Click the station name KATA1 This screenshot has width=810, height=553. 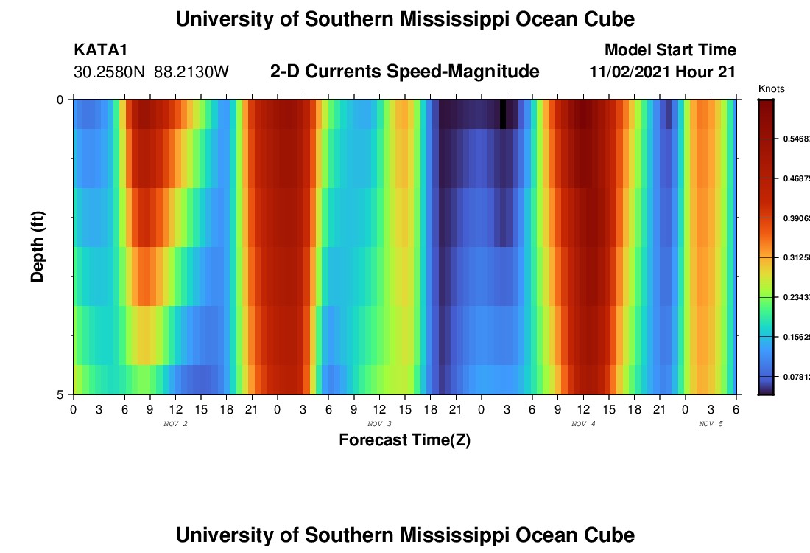pyautogui.click(x=102, y=50)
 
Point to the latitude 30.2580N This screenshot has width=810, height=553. pyautogui.click(x=110, y=72)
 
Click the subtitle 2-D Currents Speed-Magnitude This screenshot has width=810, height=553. pyautogui.click(x=404, y=72)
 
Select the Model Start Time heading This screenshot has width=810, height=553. pyautogui.click(x=670, y=50)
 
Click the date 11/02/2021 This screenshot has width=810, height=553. pyautogui.click(x=630, y=72)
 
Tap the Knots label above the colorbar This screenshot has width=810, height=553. pyautogui.click(x=771, y=89)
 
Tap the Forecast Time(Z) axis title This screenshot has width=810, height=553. pyautogui.click(x=404, y=440)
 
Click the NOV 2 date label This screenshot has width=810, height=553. pyautogui.click(x=175, y=424)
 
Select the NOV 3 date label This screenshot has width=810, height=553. pyautogui.click(x=379, y=424)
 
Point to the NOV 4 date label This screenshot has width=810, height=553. pyautogui.click(x=583, y=424)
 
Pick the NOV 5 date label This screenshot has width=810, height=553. pyautogui.click(x=711, y=424)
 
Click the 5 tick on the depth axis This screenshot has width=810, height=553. pyautogui.click(x=60, y=394)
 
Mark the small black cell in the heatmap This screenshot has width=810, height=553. pyautogui.click(x=503, y=114)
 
